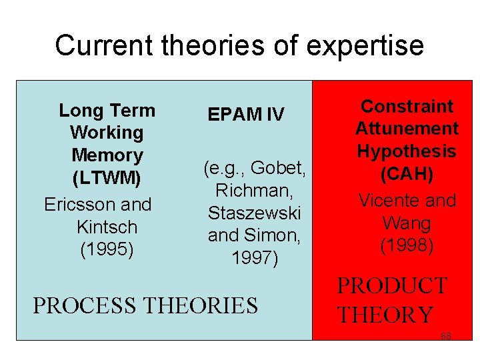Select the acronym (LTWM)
click(107, 178)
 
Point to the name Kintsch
click(106, 227)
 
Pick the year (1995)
click(107, 249)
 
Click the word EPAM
click(233, 115)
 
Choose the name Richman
click(253, 191)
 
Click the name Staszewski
click(254, 213)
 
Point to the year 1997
click(254, 257)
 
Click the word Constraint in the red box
click(407, 106)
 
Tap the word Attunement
click(407, 129)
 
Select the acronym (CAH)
click(407, 175)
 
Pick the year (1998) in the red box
click(407, 246)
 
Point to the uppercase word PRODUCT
click(392, 286)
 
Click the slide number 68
click(446, 335)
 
